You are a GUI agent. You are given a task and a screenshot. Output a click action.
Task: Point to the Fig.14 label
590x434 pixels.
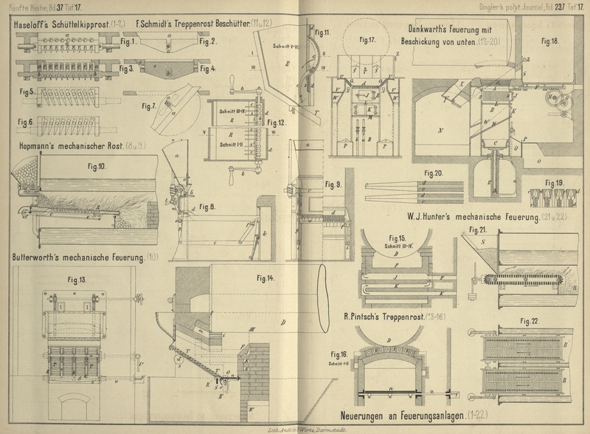tap(265, 278)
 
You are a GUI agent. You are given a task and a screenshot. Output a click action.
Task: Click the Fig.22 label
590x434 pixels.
tap(530, 321)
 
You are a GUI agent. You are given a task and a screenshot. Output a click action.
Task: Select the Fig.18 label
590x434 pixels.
tap(549, 41)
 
